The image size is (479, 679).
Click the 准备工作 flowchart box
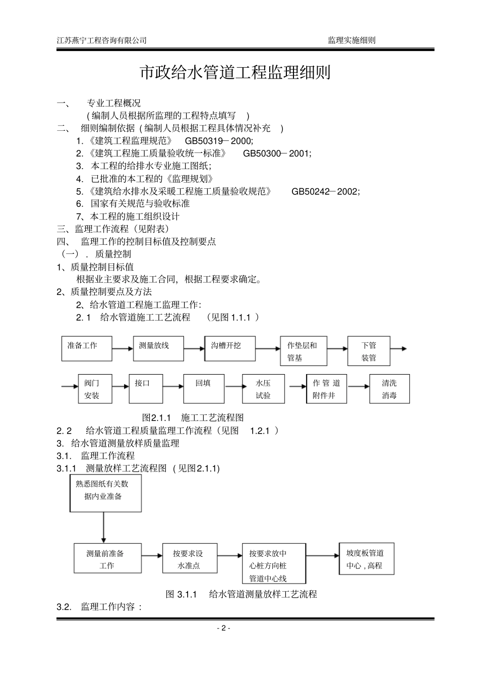pyautogui.click(x=87, y=349)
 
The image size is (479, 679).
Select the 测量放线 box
pyautogui.click(x=158, y=349)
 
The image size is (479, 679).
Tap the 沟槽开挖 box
pyautogui.click(x=230, y=349)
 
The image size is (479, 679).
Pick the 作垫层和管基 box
pyautogui.click(x=304, y=351)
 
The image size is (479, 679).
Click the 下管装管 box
pyautogui.click(x=369, y=351)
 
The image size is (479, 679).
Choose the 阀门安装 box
pyautogui.click(x=95, y=389)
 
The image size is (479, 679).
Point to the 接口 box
pyautogui.click(x=146, y=389)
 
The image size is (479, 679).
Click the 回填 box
pyautogui.click(x=203, y=389)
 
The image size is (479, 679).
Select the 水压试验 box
pyautogui.click(x=263, y=389)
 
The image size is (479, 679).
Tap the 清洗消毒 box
pyautogui.click(x=389, y=389)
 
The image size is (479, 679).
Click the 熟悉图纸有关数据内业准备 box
pyautogui.click(x=105, y=493)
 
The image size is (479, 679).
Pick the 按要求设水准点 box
pyautogui.click(x=190, y=558)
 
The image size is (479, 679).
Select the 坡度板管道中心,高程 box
pyautogui.click(x=366, y=559)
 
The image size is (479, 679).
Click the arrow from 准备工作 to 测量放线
pyautogui.click(x=123, y=348)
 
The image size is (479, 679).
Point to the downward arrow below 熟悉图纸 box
pyautogui.click(x=103, y=528)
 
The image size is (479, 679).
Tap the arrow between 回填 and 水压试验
pyautogui.click(x=233, y=387)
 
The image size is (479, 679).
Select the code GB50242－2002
pyautogui.click(x=326, y=191)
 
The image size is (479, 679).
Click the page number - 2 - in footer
pyautogui.click(x=223, y=628)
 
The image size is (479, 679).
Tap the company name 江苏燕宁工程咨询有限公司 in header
pyautogui.click(x=102, y=40)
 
